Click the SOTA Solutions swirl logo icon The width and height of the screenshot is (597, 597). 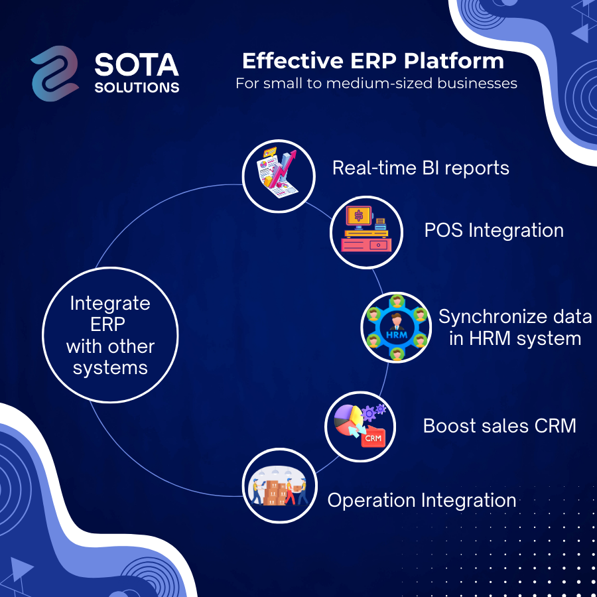55,74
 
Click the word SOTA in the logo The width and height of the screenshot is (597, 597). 136,65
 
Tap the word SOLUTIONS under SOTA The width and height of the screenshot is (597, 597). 137,88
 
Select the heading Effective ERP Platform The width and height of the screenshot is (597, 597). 373,61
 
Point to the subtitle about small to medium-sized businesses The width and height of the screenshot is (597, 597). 376,84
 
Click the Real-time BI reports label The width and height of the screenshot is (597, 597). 421,168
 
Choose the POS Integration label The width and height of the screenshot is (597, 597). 494,231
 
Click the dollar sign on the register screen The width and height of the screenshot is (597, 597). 359,216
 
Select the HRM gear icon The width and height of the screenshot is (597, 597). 396,328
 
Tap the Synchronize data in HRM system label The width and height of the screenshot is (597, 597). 515,328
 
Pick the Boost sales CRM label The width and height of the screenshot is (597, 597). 499,426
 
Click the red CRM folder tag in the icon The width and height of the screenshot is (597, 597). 373,437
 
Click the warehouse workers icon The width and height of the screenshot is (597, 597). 279,486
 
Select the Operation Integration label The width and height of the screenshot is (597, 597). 422,500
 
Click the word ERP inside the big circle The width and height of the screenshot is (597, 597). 107,325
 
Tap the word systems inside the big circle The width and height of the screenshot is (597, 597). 110,368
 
